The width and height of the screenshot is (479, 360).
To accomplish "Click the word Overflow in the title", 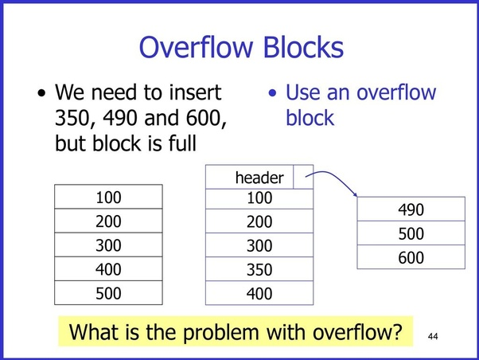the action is (x=196, y=47).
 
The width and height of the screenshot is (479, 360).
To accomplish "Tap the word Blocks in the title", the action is (x=303, y=47).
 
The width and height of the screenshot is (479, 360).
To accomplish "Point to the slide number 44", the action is (x=433, y=336).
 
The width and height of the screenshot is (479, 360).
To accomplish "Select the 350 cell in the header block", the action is (x=259, y=269).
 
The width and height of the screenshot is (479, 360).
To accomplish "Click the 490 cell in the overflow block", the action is (x=411, y=209).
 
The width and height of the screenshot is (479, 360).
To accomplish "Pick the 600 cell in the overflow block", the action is (x=411, y=257).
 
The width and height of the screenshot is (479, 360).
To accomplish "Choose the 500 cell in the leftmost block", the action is (x=108, y=293).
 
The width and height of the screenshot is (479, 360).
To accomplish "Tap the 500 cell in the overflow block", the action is (x=411, y=233).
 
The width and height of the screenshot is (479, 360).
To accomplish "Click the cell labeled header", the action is (x=249, y=177).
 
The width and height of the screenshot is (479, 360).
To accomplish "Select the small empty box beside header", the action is (x=303, y=177).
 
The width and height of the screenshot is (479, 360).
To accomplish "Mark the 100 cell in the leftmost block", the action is (x=108, y=197).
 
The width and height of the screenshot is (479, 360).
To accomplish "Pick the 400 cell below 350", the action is (x=259, y=293).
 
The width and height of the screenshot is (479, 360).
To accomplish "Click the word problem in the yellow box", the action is (x=221, y=332).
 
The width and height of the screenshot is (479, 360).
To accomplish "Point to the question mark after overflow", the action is (x=397, y=331).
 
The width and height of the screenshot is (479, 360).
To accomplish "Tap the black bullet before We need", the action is (x=41, y=93).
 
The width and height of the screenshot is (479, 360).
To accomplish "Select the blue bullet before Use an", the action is (x=272, y=93).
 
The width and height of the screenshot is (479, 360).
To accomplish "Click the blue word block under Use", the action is (x=310, y=118).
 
